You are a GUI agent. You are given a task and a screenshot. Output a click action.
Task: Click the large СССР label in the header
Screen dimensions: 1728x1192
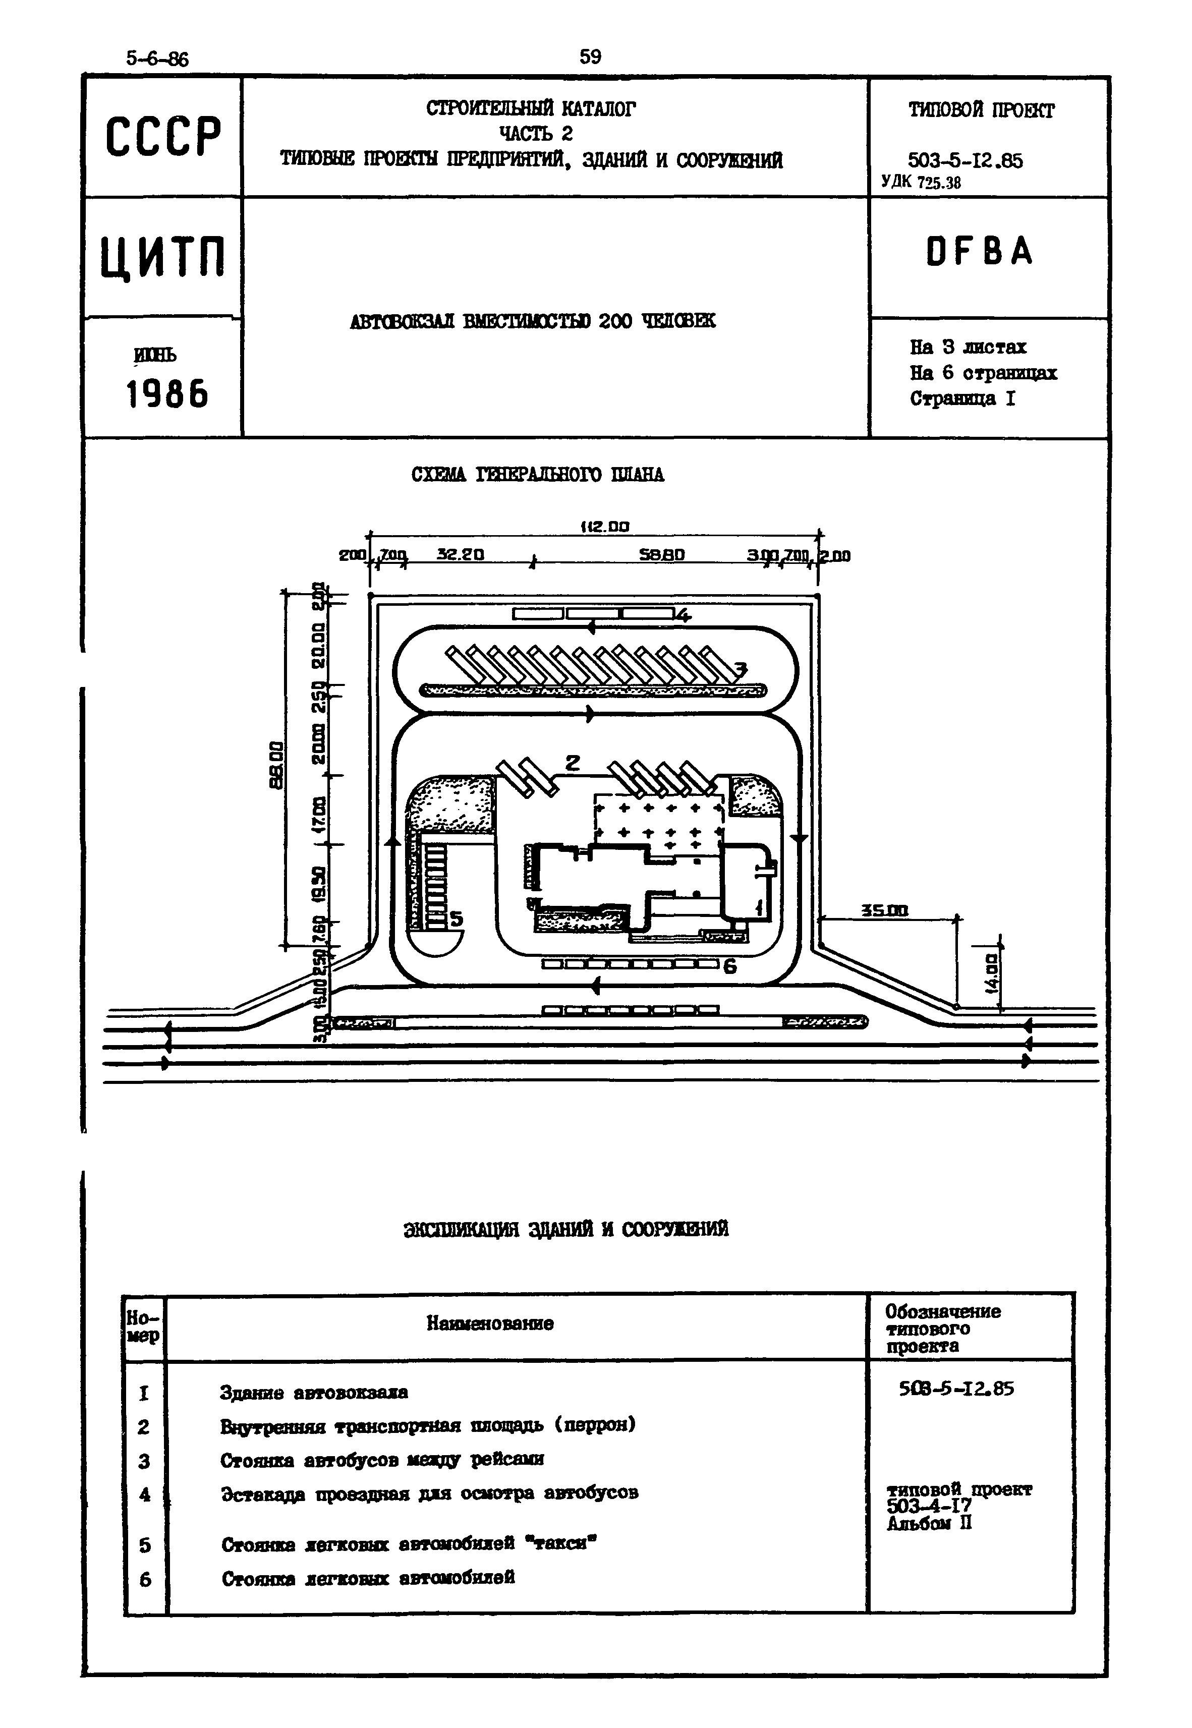tap(163, 137)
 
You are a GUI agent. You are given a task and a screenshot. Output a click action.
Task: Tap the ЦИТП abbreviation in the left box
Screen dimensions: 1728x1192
tap(163, 257)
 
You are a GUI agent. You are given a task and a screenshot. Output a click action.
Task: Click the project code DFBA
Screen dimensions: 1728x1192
tap(979, 252)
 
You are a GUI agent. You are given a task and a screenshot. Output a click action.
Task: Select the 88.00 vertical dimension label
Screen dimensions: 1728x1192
tap(277, 765)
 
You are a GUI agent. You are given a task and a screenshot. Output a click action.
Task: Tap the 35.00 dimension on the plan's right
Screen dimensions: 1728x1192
tap(884, 910)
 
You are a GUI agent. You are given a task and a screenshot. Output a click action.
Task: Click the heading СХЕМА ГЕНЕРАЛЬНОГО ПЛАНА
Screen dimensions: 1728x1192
tap(538, 475)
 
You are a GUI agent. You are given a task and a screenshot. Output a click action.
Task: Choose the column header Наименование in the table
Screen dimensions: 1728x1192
tap(490, 1324)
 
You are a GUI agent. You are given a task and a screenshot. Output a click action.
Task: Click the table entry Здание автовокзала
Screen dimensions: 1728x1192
tap(314, 1393)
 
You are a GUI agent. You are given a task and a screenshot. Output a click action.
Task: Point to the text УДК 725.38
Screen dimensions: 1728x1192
tap(921, 182)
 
